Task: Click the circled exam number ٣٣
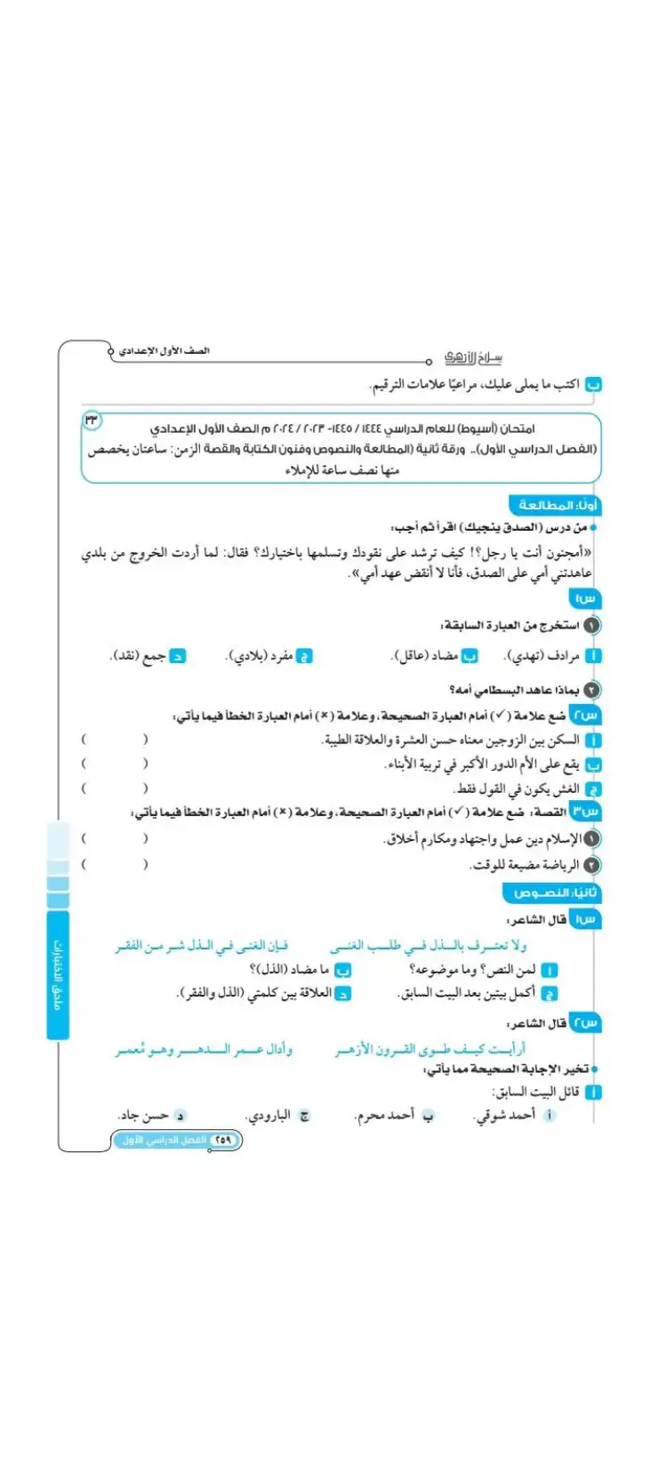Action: (92, 420)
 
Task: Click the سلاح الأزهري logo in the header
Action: (473, 357)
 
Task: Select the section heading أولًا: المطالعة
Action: (553, 505)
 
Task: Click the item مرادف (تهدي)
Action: (542, 656)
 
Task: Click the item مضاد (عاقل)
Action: (426, 656)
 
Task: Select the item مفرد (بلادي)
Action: (260, 656)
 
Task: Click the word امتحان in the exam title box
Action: (515, 429)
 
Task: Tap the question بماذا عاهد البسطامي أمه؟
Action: (515, 689)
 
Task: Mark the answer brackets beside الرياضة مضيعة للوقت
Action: (115, 864)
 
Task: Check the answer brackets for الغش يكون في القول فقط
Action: (115, 788)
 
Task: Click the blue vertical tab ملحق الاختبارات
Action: (58, 973)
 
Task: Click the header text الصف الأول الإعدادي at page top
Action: (165, 351)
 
